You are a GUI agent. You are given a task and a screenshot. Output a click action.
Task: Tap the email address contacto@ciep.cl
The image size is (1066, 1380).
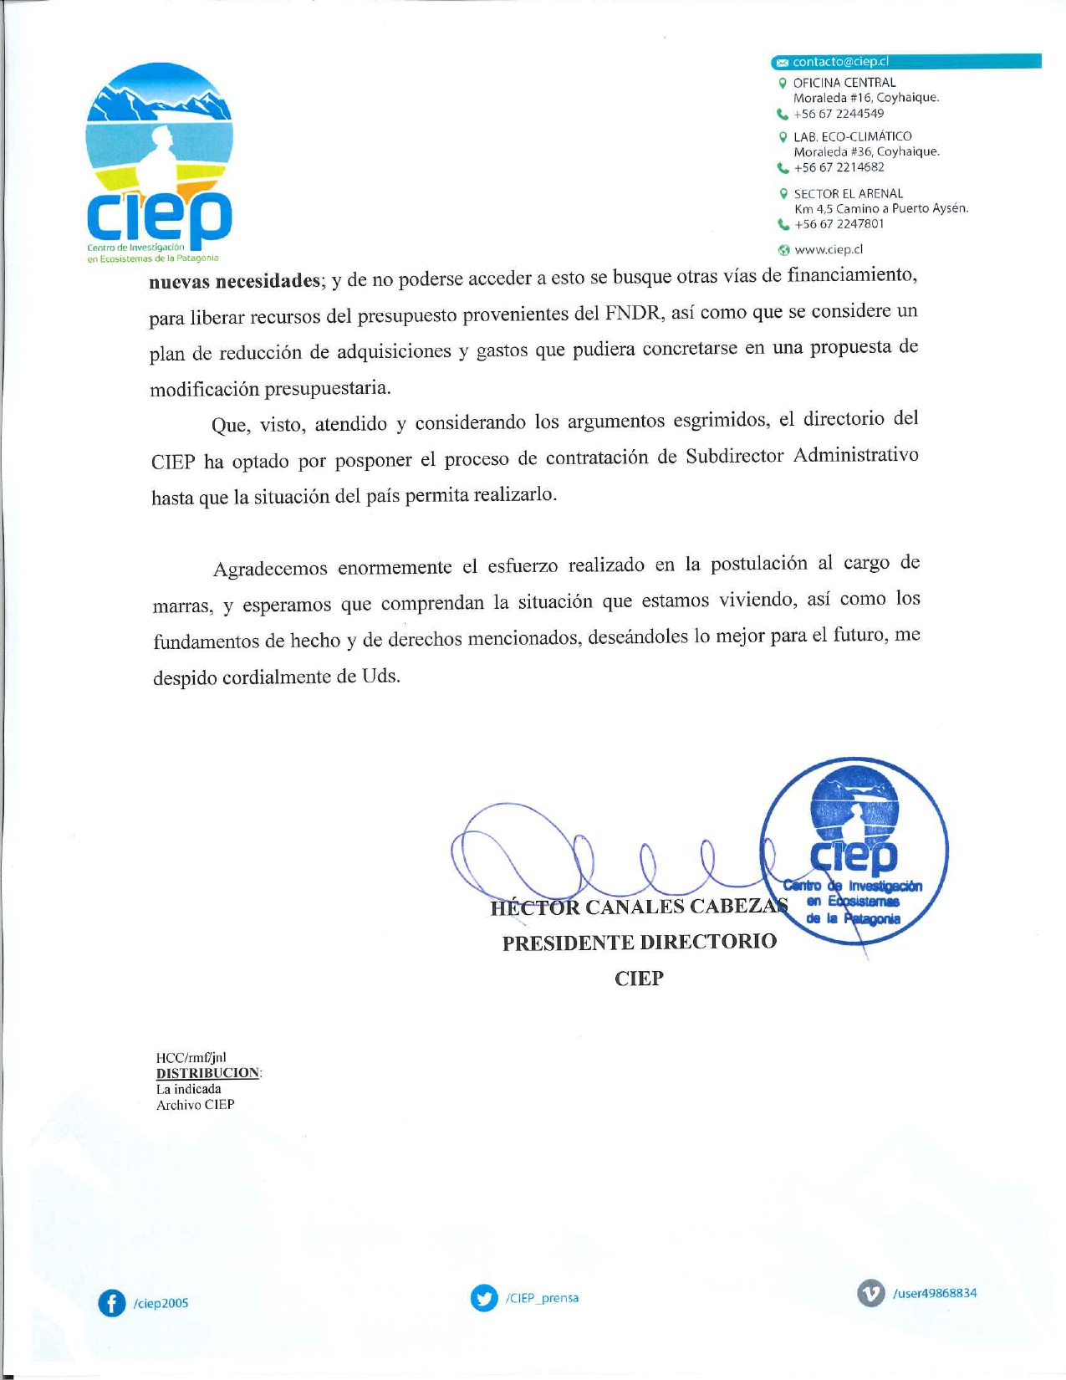tap(839, 62)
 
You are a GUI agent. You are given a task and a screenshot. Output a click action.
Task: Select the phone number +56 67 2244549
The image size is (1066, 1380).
tap(838, 114)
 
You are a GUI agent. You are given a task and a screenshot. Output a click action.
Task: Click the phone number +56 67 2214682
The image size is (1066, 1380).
tap(839, 167)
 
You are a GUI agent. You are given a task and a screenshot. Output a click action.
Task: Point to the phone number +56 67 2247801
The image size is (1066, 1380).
tap(839, 224)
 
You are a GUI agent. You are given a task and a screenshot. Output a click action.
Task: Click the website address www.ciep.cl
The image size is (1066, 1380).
tap(828, 249)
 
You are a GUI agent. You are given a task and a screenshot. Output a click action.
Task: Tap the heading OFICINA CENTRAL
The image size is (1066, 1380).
tap(844, 83)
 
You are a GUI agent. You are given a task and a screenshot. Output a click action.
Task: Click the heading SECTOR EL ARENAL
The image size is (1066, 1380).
tap(848, 193)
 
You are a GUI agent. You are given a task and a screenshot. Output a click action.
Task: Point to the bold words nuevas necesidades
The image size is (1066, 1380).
tap(235, 281)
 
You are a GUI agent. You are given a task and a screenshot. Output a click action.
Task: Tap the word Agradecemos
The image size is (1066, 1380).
tap(270, 570)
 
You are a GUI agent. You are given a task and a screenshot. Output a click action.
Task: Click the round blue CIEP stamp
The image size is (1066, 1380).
tap(854, 851)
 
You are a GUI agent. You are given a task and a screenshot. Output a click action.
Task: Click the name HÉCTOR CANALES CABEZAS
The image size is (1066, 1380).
tap(639, 907)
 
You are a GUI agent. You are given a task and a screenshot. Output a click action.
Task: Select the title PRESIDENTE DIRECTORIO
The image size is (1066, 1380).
tap(639, 943)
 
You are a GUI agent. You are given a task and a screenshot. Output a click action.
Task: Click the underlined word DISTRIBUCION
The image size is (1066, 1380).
tap(208, 1073)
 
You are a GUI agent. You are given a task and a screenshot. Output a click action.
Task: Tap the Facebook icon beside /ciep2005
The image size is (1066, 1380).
tap(111, 1302)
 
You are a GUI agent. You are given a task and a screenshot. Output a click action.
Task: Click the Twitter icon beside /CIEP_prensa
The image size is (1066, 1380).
tap(484, 1298)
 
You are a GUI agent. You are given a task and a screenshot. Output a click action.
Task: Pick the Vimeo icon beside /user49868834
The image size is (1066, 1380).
tap(870, 1293)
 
